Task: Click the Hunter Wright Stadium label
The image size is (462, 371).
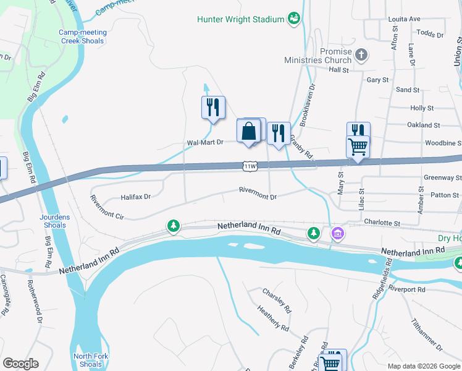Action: click(240, 19)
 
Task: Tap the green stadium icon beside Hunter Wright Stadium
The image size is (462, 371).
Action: click(294, 19)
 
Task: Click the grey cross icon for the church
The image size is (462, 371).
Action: click(362, 56)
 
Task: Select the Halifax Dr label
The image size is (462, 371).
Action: click(135, 197)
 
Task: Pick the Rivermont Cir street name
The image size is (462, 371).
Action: click(107, 208)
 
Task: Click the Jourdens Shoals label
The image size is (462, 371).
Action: click(55, 221)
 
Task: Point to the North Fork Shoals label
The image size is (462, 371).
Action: click(87, 360)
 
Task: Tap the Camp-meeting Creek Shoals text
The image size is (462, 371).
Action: click(83, 36)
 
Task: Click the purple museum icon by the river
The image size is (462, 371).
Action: click(337, 233)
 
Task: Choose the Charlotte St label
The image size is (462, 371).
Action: click(382, 223)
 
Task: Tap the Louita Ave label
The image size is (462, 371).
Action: click(404, 19)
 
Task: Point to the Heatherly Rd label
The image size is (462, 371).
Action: click(272, 317)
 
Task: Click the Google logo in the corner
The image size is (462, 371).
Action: click(20, 364)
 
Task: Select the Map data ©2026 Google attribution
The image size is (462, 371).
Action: click(423, 366)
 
